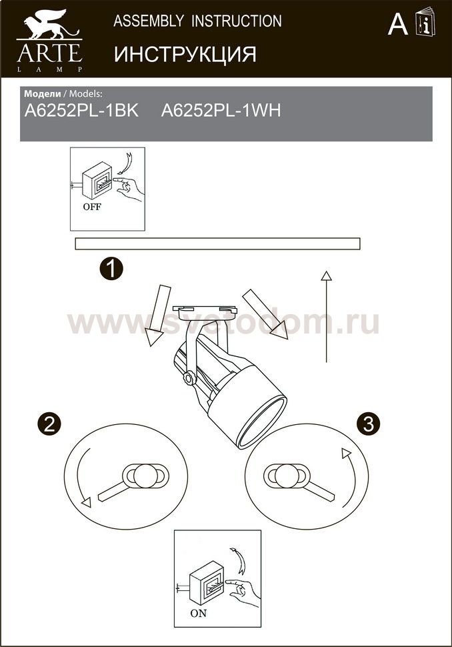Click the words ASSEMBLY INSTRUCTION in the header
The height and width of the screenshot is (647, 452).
pos(197,21)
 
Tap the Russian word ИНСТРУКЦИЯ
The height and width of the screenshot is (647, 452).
pos(185,54)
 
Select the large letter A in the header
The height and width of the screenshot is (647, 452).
pos(398,24)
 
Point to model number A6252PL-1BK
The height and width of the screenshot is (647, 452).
pos(81,111)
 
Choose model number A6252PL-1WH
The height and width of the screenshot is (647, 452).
pos(221,111)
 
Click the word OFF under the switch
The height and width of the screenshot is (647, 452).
pos(92,207)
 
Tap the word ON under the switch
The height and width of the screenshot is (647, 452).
pos(199,614)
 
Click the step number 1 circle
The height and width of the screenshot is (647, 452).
pos(111,269)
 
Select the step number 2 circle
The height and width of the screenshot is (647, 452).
pos(49,424)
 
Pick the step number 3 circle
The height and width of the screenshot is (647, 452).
pos(369,424)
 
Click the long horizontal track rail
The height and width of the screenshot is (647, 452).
pos(217,244)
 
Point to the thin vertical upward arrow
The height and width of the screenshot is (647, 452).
pos(327,316)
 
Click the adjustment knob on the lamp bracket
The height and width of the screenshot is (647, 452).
pos(190,378)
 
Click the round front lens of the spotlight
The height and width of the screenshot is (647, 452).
pos(261,422)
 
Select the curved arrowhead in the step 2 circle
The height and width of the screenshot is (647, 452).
pos(86,502)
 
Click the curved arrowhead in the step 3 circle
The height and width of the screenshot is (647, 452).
pos(345,454)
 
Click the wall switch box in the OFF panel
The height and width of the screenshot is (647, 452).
pos(97,180)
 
